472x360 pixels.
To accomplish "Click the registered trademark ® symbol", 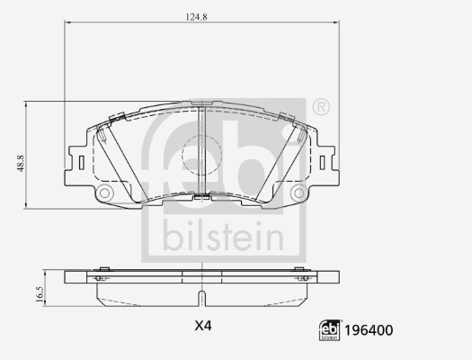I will (x=321, y=108).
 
